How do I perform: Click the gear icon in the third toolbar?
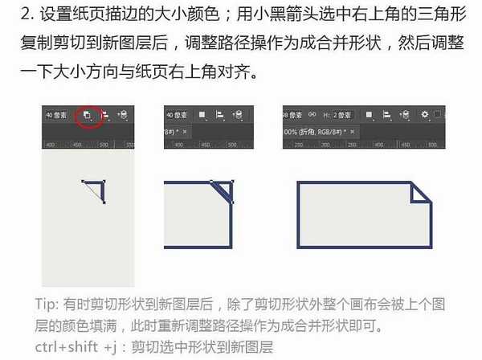(424, 114)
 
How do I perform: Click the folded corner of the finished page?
(421, 194)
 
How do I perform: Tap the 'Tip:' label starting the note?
(47, 305)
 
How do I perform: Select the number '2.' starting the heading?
(30, 14)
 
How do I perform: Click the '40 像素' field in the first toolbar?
(56, 115)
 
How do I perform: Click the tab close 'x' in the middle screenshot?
(186, 130)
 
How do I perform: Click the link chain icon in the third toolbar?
(312, 114)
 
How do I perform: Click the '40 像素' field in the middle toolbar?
(178, 115)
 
